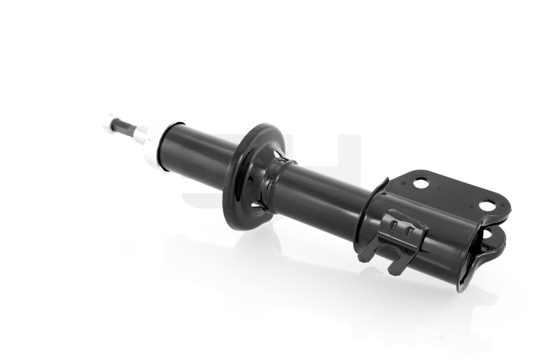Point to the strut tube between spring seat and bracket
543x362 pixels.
pos(326,195)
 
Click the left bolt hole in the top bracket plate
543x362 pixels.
pos(421,184)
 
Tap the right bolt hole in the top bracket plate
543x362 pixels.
pos(486,206)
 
